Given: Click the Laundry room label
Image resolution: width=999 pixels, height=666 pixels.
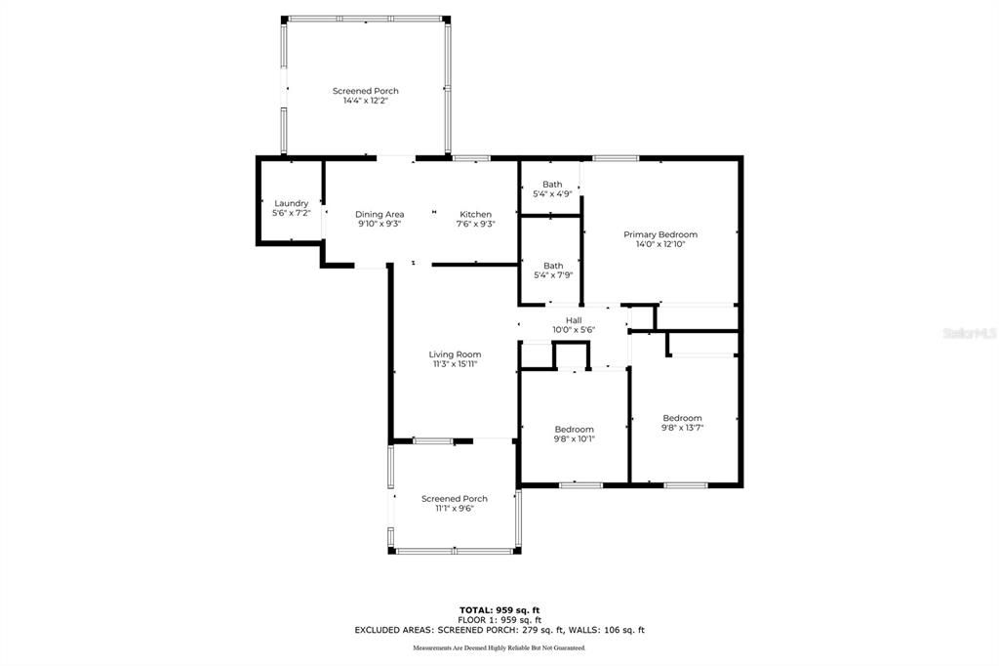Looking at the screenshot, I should click(x=291, y=203).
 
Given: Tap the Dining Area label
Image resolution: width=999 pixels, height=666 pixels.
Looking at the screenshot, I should click(x=380, y=214).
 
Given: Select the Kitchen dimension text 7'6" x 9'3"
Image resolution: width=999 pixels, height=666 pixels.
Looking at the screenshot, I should click(x=476, y=224).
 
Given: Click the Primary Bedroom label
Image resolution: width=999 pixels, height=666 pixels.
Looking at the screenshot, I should click(x=660, y=234).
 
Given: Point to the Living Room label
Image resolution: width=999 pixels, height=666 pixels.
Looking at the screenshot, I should click(x=455, y=354).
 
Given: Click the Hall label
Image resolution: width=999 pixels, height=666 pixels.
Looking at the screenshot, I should click(x=574, y=319).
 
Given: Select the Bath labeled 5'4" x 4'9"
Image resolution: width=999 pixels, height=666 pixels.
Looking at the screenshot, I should click(x=552, y=188).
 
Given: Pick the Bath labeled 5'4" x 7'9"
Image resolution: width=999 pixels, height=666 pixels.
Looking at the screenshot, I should click(x=553, y=270).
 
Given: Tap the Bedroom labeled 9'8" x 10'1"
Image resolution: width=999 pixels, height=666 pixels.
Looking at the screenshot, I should click(x=574, y=434).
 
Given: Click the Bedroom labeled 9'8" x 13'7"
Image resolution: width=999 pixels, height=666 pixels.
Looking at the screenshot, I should click(x=682, y=422).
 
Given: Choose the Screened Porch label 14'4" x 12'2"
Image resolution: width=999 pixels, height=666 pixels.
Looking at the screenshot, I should click(x=365, y=95).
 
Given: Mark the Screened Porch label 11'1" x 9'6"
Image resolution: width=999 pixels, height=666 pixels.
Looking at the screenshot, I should click(x=454, y=503).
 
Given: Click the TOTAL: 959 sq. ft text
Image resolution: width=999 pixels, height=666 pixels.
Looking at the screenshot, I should click(x=499, y=609).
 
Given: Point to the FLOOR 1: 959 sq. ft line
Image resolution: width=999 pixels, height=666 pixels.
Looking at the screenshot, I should click(x=499, y=620).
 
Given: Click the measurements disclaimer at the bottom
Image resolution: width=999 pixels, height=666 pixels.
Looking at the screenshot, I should click(x=499, y=648).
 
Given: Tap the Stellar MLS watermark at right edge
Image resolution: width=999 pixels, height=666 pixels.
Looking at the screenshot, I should click(x=970, y=333).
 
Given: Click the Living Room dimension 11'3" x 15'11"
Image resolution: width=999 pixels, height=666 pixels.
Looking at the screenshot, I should click(x=455, y=364).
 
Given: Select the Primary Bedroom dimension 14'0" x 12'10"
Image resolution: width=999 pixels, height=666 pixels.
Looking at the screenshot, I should click(x=660, y=244).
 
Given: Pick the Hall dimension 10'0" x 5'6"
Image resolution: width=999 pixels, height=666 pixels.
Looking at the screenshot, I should click(x=574, y=329).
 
